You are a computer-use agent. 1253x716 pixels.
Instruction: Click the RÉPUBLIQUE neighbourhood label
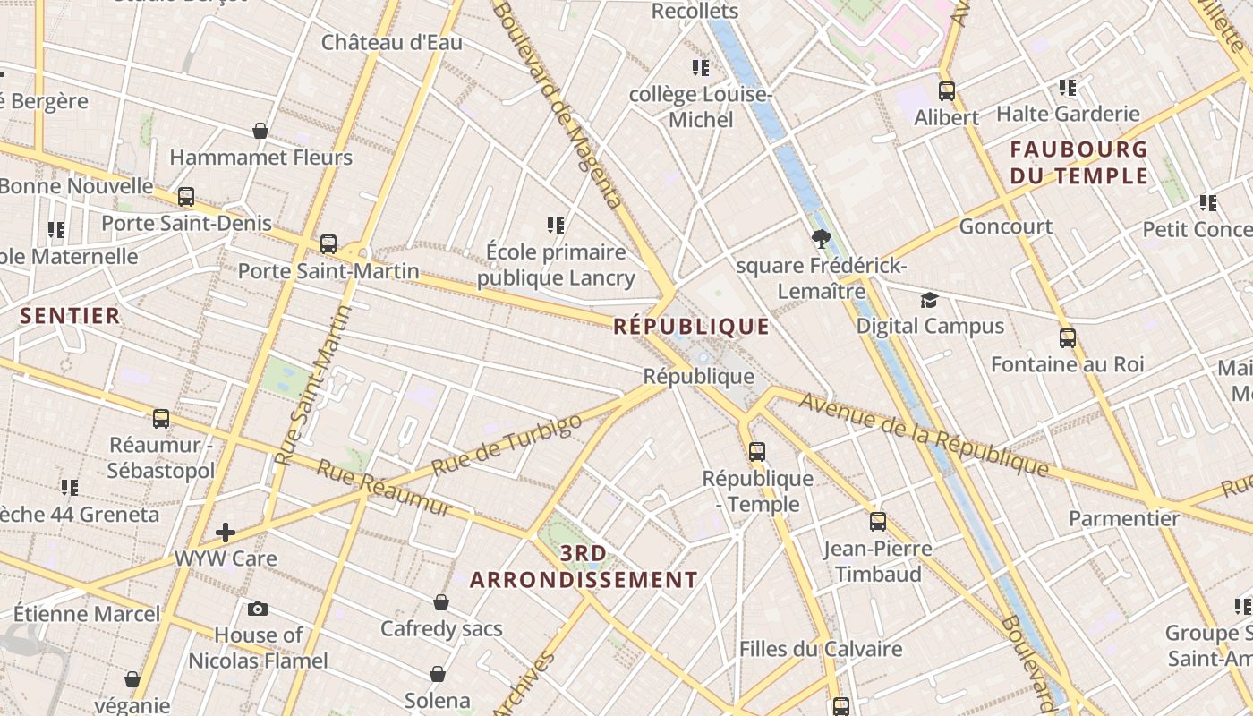691,327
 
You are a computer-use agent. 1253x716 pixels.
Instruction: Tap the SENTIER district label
70,316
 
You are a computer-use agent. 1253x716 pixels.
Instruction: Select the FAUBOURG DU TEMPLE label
1078,162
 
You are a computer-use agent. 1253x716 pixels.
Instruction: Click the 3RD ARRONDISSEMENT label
584,567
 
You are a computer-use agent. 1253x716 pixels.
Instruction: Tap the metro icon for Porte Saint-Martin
328,244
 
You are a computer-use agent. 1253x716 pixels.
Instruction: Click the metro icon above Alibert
946,91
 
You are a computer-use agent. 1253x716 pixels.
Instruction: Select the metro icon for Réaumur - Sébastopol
161,418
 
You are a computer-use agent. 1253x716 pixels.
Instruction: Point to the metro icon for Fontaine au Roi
1067,338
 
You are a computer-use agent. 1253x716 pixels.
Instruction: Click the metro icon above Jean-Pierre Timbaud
877,522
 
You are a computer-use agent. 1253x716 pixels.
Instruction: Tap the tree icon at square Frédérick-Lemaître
821,239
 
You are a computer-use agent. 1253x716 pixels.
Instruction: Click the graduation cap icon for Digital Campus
930,300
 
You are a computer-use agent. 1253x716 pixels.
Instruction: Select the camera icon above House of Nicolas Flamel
258,609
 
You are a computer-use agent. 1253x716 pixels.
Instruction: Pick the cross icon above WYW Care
226,533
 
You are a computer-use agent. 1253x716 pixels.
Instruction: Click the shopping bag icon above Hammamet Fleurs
260,132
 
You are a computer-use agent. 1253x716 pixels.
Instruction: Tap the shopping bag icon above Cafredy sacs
441,602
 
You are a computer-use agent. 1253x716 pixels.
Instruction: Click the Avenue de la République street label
923,434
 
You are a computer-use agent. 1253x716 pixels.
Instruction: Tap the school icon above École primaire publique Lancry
556,226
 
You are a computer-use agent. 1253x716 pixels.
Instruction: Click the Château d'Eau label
392,42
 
